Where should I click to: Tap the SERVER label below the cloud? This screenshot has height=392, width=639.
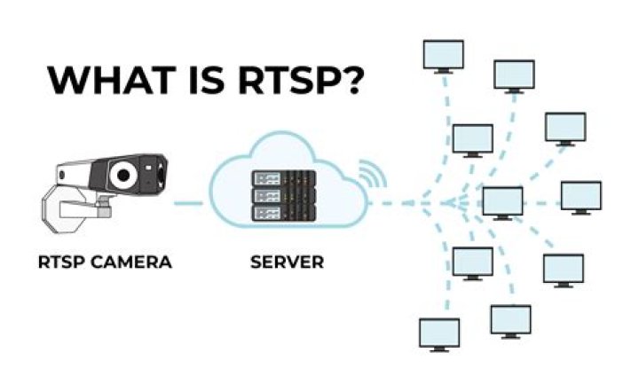tap(287, 262)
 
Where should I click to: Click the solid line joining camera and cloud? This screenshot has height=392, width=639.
tap(188, 204)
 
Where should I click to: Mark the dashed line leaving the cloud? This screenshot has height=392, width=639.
tap(399, 204)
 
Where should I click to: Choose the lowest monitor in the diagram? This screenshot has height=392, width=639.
tap(439, 333)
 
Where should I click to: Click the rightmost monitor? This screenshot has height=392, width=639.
tap(581, 195)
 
